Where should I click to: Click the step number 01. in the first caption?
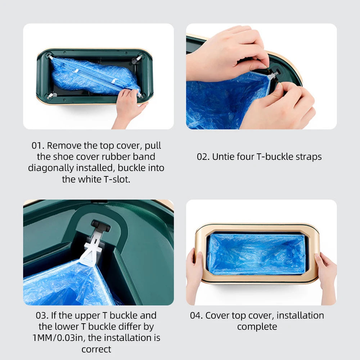[38, 145]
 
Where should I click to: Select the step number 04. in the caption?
[196, 315]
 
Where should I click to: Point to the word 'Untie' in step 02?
[223, 157]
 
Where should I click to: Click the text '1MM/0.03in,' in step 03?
[57, 338]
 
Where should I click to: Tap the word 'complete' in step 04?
[257, 327]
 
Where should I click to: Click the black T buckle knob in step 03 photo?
[100, 226]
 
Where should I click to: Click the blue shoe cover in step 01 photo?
[90, 77]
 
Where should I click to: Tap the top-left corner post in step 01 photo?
[49, 56]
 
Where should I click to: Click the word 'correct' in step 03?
[96, 349]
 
